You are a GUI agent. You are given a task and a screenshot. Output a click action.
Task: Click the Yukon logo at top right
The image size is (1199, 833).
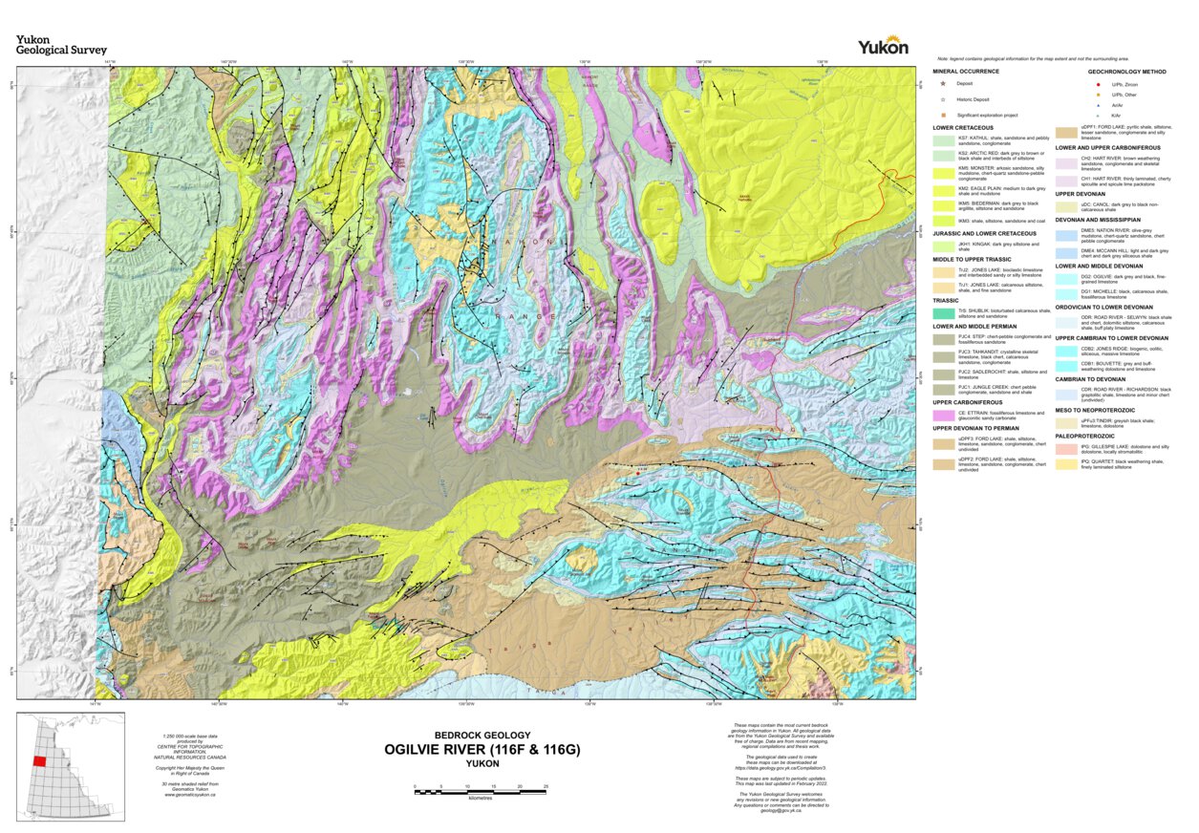883,47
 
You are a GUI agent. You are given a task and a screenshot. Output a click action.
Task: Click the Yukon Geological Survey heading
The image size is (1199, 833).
61,45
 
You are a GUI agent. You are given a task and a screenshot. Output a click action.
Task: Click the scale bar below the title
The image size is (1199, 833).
480,789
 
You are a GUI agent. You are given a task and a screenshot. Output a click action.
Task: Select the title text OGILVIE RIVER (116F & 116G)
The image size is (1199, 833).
482,750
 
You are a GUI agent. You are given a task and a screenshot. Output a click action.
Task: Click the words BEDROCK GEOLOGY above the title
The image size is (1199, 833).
482,735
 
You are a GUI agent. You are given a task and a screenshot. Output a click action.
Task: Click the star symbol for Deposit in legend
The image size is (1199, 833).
943,84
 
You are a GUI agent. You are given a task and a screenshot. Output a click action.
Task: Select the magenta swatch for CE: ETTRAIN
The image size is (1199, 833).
944,414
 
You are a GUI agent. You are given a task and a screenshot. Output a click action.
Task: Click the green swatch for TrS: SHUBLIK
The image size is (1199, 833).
944,312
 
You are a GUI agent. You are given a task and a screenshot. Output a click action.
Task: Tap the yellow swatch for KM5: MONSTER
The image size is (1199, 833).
944,173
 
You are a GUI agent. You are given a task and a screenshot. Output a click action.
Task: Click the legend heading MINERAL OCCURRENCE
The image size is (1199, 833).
966,72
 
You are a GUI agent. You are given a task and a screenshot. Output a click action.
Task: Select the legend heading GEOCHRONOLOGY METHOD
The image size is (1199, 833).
1126,72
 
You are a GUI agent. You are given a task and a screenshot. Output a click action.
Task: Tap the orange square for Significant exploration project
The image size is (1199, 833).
943,115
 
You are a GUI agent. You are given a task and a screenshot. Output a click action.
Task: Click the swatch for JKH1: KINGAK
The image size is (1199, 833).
944,246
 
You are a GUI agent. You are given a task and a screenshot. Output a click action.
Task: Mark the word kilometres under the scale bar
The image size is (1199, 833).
480,798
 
